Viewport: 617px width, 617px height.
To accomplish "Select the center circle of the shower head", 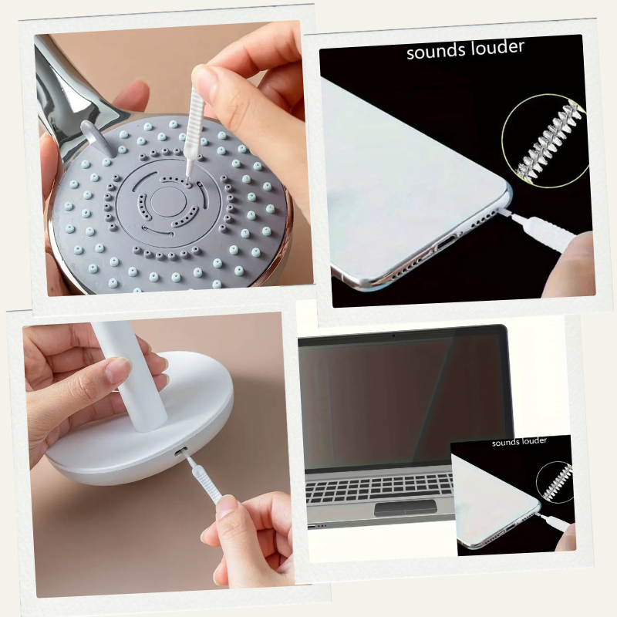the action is [x=168, y=201].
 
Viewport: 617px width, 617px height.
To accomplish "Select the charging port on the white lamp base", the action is [x=180, y=453].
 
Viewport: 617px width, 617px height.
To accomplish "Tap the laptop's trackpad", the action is [x=406, y=507].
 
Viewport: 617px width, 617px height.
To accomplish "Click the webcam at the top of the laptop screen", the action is [x=393, y=335].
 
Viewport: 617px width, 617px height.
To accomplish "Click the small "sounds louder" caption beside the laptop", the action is [x=519, y=441].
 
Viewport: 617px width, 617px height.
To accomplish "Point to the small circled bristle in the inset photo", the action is [x=555, y=481].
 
